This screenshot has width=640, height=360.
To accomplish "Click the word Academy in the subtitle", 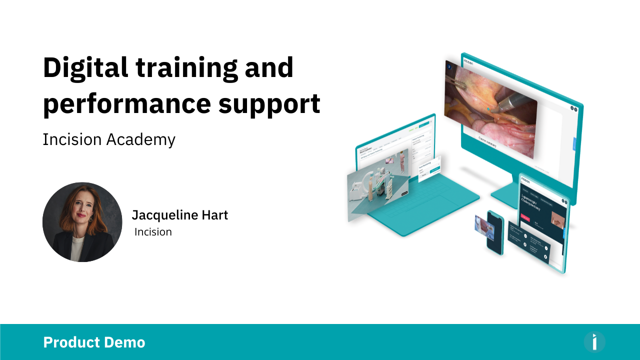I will click(141, 139).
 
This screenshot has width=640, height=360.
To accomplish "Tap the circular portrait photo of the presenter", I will click(82, 222).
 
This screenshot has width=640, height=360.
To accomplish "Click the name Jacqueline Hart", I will click(179, 215).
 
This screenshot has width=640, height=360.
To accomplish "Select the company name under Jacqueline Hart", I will click(153, 232).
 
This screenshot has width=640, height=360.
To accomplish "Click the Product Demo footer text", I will click(94, 342).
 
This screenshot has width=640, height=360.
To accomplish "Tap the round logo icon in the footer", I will click(594, 342).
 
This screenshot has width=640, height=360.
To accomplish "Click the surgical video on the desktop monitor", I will click(490, 107).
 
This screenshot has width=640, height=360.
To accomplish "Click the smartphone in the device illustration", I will click(495, 232).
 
